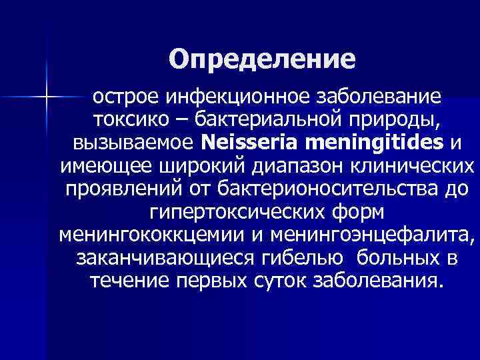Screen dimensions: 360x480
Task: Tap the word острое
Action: pyautogui.click(x=123, y=97)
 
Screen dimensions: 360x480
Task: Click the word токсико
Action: pyautogui.click(x=125, y=120)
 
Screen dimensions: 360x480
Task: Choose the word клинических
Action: pyautogui.click(x=420, y=166)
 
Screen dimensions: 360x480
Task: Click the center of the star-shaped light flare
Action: pyautogui.click(x=47, y=98)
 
